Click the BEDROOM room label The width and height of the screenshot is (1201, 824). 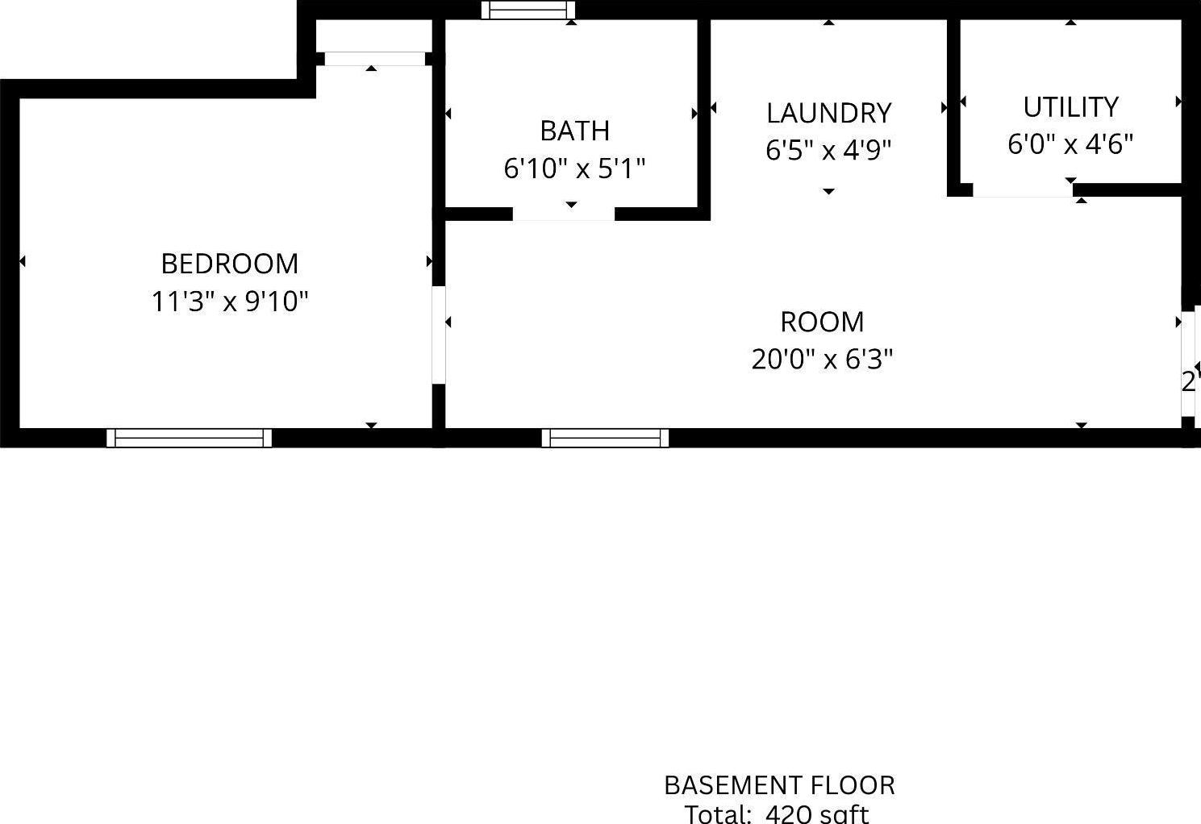[x=230, y=264]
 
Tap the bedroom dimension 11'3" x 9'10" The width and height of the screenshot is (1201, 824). [x=230, y=302]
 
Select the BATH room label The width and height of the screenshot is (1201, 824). [x=574, y=131]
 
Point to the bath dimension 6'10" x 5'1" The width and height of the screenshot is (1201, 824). [x=574, y=169]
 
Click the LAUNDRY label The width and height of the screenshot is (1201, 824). [x=828, y=113]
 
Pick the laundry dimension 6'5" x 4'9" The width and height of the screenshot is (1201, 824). [x=828, y=150]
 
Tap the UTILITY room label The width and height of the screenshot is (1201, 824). [x=1070, y=106]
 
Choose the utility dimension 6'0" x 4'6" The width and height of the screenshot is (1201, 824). [x=1070, y=144]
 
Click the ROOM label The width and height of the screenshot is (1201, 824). [x=822, y=322]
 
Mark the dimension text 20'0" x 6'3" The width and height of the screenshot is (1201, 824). [x=822, y=359]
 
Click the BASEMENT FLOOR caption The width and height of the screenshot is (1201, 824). [x=779, y=784]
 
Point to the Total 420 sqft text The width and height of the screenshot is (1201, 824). [x=778, y=813]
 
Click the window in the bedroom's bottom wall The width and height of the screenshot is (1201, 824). [x=190, y=438]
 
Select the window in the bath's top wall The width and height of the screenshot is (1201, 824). [x=528, y=10]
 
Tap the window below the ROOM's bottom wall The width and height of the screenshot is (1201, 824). [x=605, y=438]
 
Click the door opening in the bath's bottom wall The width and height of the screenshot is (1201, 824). [x=564, y=214]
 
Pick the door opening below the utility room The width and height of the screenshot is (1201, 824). [x=1023, y=191]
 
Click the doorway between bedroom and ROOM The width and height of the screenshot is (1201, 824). [x=439, y=335]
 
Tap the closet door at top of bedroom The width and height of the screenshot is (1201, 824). [x=374, y=59]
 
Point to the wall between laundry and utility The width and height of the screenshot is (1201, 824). [x=953, y=105]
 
